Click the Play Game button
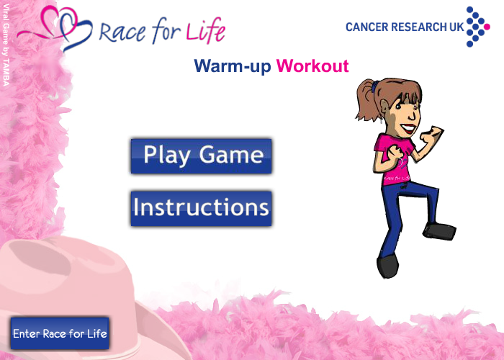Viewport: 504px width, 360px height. pos(201,156)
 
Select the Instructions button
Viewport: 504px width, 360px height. pos(201,209)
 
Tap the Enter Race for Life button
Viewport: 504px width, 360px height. pos(60,333)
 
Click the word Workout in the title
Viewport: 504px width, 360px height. pos(312,66)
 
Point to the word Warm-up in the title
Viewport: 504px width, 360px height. pos(233,66)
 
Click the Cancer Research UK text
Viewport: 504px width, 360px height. pos(405,27)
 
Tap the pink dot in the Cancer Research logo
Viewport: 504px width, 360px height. pos(487,27)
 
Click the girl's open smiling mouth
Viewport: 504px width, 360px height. pos(409,129)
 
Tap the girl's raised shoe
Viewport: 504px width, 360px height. pos(439,231)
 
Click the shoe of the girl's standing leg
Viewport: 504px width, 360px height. pos(387,266)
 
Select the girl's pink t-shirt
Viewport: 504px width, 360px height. pos(394,161)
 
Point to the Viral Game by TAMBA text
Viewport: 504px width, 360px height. pos(6,45)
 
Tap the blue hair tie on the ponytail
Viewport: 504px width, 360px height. pos(375,86)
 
